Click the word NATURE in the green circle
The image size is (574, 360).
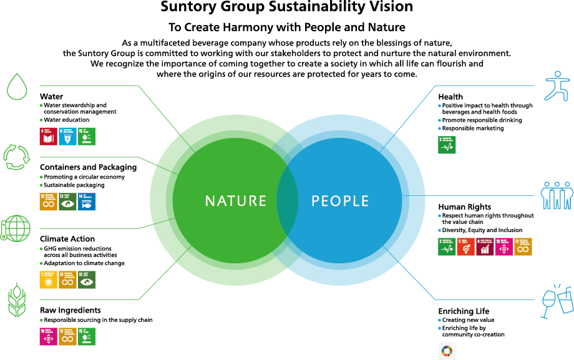click(x=236, y=201)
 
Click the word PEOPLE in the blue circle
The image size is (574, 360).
click(x=340, y=201)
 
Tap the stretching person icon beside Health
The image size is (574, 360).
click(x=557, y=85)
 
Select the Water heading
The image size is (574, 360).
click(x=51, y=97)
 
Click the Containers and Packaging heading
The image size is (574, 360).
click(x=88, y=167)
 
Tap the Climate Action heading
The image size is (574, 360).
click(x=67, y=239)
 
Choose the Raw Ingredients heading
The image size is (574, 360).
click(x=70, y=310)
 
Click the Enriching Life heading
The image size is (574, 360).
click(x=464, y=311)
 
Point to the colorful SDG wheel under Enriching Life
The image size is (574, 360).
click(x=447, y=351)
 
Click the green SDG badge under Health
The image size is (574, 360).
click(x=447, y=145)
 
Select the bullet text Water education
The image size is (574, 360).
click(x=66, y=120)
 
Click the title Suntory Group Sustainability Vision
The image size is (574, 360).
click(x=287, y=7)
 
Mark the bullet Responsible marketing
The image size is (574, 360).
click(x=472, y=129)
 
